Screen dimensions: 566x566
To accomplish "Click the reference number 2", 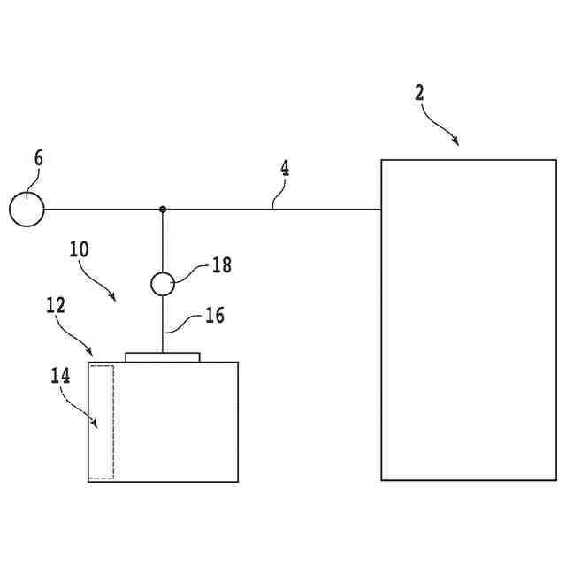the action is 419,93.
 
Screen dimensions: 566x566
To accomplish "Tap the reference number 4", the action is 285,168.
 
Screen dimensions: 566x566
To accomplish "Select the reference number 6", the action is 38,159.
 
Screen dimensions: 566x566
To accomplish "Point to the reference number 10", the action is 79,249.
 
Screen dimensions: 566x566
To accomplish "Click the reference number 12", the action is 55,305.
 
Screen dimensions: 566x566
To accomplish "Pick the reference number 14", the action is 60,375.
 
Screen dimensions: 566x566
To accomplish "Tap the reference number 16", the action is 214,315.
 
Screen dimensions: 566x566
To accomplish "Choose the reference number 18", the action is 221,264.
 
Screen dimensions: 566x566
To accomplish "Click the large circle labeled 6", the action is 27,210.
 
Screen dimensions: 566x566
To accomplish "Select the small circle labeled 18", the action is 163,284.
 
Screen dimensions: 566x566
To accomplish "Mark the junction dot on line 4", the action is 163,210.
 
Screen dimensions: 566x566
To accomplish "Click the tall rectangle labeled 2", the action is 469,319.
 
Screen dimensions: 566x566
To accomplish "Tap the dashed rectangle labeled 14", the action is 102,422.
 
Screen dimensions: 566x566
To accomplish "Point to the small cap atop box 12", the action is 163,357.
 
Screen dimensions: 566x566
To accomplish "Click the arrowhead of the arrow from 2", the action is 455,141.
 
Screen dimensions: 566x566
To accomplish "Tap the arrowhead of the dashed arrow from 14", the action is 95,424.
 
